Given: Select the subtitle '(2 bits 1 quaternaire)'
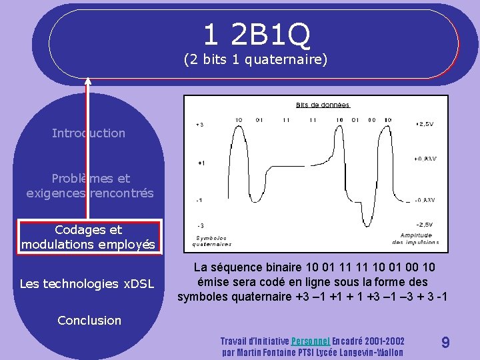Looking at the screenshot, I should pos(256,60).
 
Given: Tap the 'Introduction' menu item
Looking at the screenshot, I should pos(89,133).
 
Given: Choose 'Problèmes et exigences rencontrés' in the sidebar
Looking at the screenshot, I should pos(89,186).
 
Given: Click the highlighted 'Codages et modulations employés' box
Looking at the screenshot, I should pos(89,237).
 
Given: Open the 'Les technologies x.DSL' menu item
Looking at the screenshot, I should pos(87,284).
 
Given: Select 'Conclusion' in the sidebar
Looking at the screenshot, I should pos(89,320).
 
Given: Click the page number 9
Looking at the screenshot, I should pos(445,343).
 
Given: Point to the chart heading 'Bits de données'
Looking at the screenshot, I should pos(323,105).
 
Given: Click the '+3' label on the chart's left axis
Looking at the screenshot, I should pos(200,125).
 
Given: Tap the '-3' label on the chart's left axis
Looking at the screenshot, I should pos(200,225).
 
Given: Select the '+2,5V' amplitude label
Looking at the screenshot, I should pos(424,124).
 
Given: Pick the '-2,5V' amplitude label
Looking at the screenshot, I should pos(424,225).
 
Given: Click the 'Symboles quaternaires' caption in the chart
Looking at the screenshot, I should pos(213,241).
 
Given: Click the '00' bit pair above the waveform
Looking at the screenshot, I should pos(372,120).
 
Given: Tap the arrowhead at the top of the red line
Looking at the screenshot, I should pos(88,82).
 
